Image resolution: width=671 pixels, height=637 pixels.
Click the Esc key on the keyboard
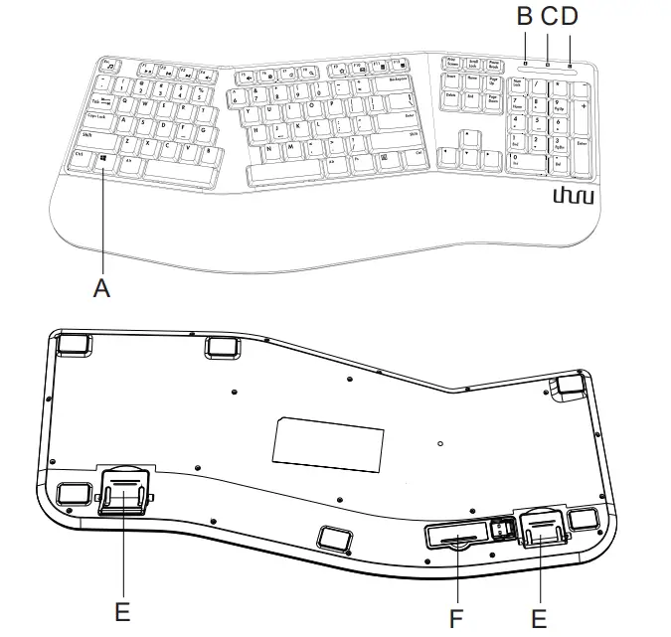[107, 63]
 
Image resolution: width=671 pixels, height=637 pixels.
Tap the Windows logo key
[103, 158]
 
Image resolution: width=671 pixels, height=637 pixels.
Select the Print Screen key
[452, 62]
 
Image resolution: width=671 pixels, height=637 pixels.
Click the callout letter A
[99, 287]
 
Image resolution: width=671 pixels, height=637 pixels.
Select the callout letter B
[524, 17]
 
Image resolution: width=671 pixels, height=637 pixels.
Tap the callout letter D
[569, 17]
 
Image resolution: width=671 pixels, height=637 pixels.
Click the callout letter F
[456, 618]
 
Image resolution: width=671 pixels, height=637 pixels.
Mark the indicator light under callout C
[547, 66]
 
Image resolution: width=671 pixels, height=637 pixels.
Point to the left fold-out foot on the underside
[125, 488]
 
